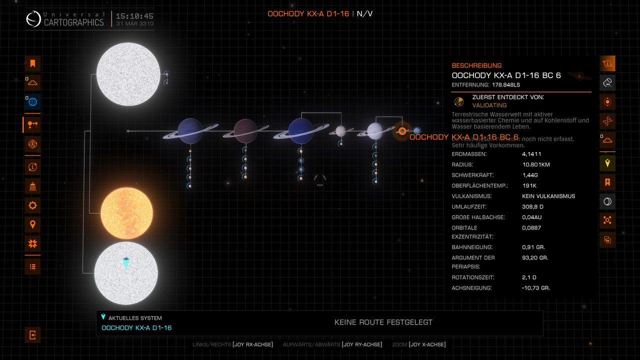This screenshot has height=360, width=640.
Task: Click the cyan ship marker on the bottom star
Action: pos(126,263)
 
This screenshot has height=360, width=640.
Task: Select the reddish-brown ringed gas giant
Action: pos(246,131)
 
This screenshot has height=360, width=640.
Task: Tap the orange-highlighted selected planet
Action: pos(401,131)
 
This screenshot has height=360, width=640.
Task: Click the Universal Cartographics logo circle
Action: pos(33,19)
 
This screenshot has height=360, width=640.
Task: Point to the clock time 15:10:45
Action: pos(134,16)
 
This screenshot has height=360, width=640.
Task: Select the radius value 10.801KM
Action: pos(536,165)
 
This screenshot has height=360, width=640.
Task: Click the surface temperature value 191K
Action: pos(529,185)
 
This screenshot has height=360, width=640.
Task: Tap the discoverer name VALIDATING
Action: pos(489,105)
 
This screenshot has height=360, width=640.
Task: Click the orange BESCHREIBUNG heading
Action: pos(476,65)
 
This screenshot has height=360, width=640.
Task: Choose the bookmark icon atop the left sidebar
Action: pos(33,63)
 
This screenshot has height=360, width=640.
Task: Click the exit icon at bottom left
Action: pos(33,335)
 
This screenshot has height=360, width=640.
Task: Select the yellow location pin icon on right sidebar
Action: pos(607,163)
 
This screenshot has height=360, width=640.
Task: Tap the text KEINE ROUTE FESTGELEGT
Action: pos(383,322)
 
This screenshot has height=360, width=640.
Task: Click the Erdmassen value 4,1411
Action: pos(531,154)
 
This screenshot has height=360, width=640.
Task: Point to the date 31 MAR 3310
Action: pos(134,24)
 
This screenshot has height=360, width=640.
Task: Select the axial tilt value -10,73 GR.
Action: pos(535,288)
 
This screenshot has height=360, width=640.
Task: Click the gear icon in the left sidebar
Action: pos(33,205)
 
